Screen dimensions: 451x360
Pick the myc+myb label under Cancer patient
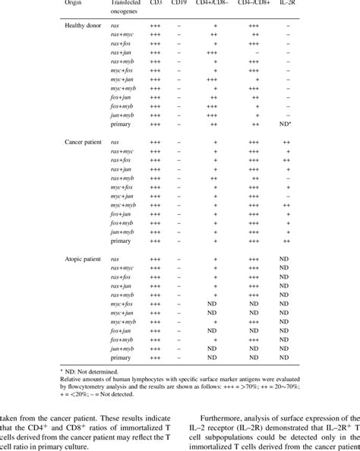tap(124, 205)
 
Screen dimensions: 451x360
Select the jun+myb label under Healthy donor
tap(124, 112)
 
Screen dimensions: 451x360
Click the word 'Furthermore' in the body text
tap(225, 416)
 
